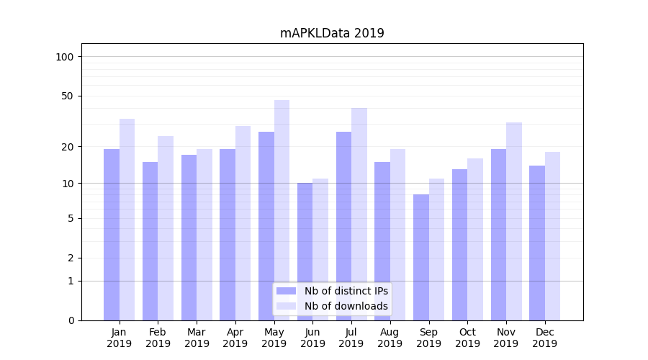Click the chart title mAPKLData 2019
(x=332, y=33)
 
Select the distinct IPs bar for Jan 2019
(x=112, y=234)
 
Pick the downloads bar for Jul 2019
(x=359, y=214)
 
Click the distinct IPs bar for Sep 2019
(x=420, y=257)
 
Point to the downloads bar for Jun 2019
(x=320, y=249)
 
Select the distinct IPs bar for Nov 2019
(x=498, y=234)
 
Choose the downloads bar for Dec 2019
(x=552, y=235)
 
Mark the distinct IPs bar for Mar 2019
(x=189, y=237)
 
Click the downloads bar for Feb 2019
(x=166, y=228)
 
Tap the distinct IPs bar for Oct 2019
(x=459, y=244)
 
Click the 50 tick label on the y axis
(x=67, y=96)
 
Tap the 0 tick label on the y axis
(x=71, y=320)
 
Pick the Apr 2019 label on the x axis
(x=235, y=338)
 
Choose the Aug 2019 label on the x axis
(x=390, y=338)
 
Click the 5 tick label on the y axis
(x=71, y=218)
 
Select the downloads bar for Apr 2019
(x=243, y=222)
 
